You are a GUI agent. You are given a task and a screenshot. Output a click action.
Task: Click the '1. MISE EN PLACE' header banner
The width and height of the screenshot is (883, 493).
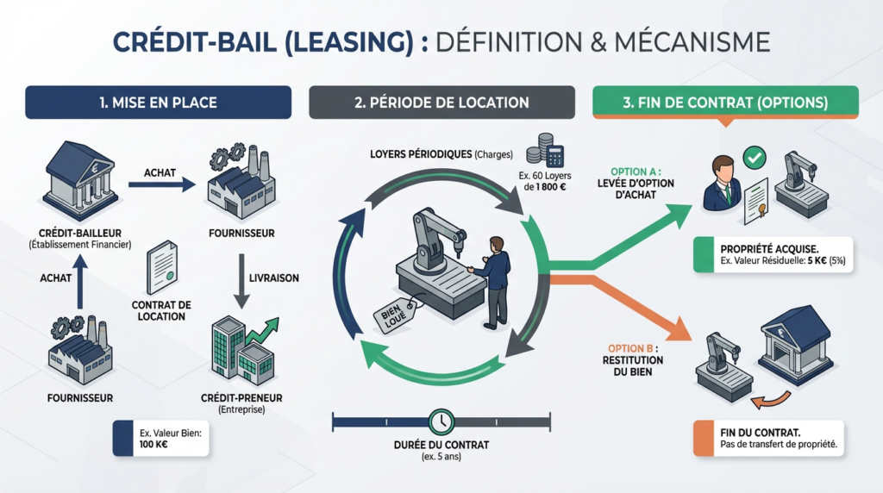pyautogui.click(x=157, y=102)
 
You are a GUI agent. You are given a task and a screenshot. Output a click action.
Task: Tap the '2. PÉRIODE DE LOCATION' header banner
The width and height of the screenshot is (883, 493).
pyautogui.click(x=441, y=102)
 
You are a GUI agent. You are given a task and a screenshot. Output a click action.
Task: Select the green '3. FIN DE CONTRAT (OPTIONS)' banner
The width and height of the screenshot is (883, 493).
pyautogui.click(x=725, y=102)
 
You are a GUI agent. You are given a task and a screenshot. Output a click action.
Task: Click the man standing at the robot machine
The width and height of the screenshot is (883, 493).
pyautogui.click(x=492, y=280)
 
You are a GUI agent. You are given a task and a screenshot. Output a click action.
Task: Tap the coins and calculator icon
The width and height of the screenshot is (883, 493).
pyautogui.click(x=544, y=151)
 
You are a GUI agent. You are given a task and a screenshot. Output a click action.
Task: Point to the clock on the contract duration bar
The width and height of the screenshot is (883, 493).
pyautogui.click(x=441, y=421)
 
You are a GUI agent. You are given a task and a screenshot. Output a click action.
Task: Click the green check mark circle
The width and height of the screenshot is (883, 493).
pyautogui.click(x=755, y=158)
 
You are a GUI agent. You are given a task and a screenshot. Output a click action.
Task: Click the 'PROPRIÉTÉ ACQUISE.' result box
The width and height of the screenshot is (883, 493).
pyautogui.click(x=773, y=255)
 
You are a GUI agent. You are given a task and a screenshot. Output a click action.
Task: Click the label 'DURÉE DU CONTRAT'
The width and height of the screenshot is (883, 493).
pyautogui.click(x=441, y=445)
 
